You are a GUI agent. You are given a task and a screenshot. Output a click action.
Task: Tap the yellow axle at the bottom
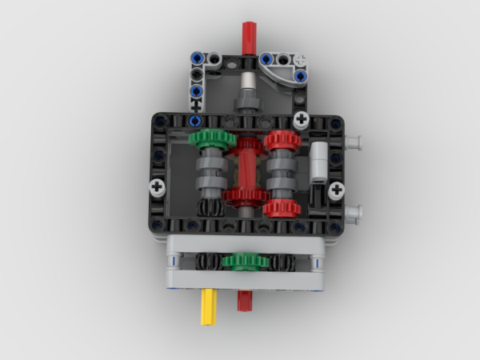click(x=209, y=307)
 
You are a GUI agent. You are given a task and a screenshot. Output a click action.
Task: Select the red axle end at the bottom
click(x=244, y=301)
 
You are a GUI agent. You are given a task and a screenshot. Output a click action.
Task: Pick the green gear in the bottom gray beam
click(x=244, y=261)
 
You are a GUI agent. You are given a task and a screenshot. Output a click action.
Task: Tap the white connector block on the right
click(x=319, y=161)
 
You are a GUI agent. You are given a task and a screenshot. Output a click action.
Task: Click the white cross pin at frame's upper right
click(x=302, y=120)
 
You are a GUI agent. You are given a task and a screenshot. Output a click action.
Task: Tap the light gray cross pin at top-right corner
click(x=301, y=58)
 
